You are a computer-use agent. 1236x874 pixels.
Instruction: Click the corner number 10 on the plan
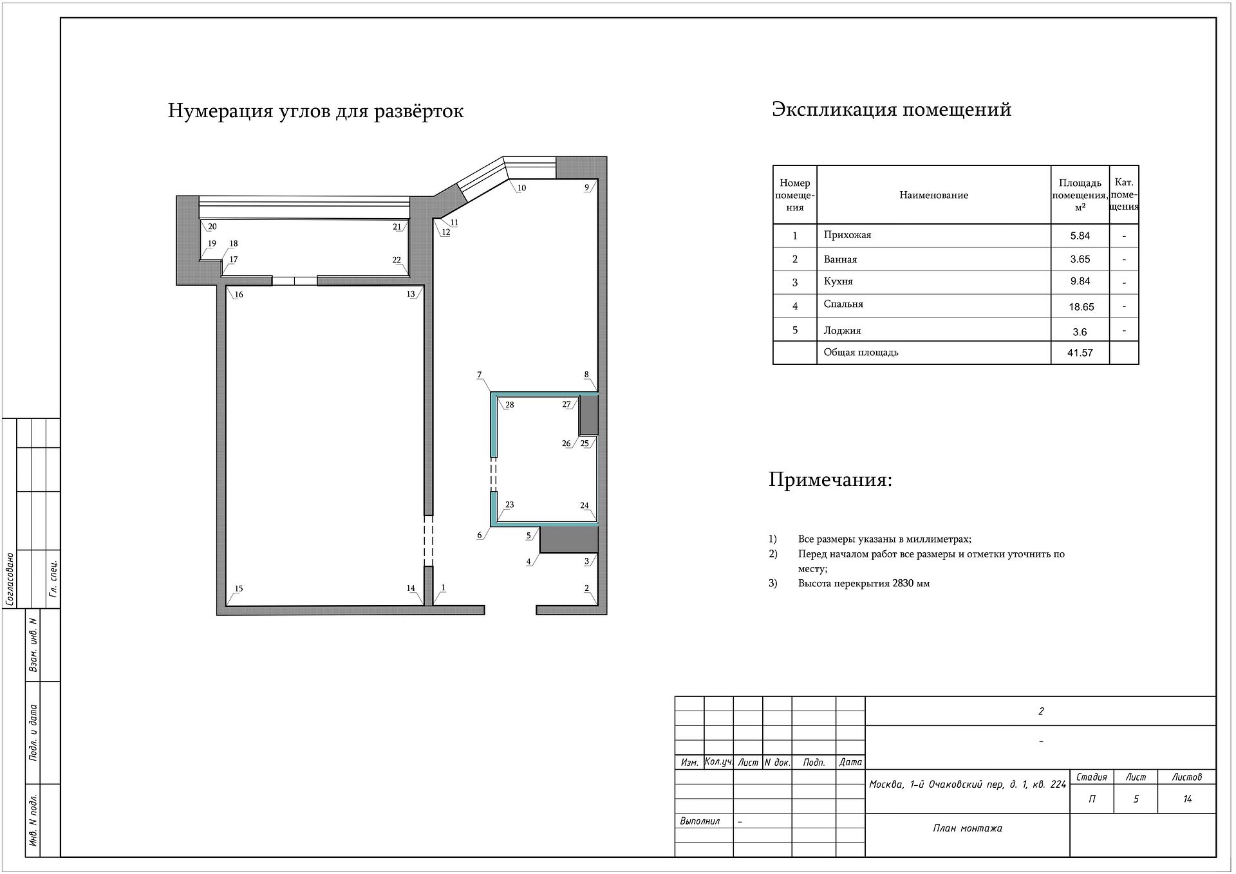522,188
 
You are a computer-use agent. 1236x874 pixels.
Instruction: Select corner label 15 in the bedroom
239,589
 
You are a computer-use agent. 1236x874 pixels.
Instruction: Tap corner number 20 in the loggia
212,227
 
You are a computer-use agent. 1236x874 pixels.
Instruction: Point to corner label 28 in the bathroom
510,405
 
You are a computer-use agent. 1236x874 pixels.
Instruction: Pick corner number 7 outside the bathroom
480,375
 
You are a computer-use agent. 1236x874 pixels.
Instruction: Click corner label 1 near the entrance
444,588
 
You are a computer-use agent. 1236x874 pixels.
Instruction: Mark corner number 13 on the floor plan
411,294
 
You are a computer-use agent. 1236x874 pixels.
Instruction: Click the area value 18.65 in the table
1081,307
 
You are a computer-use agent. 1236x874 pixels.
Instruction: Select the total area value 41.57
1080,353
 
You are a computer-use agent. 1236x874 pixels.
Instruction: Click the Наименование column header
933,195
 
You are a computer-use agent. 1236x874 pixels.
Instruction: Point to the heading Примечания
830,480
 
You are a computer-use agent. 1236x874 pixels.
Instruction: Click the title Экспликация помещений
892,109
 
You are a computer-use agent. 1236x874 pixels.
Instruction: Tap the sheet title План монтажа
968,828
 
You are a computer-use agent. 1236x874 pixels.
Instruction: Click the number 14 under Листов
1187,799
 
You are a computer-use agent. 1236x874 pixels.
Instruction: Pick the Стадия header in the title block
1092,777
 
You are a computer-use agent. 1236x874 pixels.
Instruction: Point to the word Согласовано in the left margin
11,579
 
